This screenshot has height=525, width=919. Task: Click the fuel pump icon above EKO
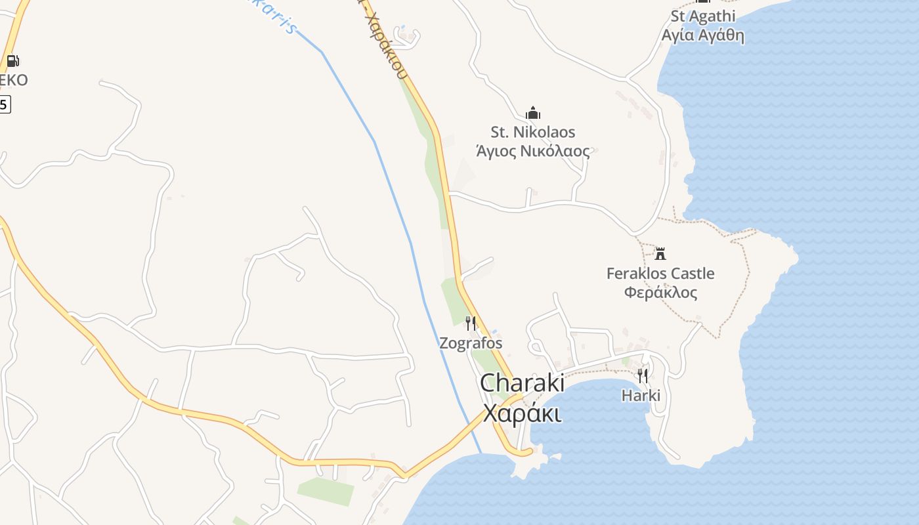tap(12, 61)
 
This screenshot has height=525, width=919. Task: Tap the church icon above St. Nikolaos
tap(533, 113)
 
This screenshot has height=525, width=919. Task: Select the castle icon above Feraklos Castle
tap(660, 253)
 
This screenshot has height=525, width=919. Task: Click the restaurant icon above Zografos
tap(471, 323)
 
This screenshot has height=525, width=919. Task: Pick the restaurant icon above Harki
tap(642, 375)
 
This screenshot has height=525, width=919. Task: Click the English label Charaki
tap(522, 383)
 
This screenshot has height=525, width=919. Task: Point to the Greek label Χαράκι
tap(522, 413)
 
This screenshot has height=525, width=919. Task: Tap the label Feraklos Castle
tap(660, 274)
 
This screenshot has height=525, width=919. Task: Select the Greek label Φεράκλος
tap(660, 293)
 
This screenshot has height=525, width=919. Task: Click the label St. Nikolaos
tap(533, 133)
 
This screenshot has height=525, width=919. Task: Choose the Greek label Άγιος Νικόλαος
tap(533, 151)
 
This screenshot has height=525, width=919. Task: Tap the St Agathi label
tap(703, 16)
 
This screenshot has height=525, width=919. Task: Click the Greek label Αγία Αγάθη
tap(703, 35)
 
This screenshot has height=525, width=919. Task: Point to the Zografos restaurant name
tap(471, 343)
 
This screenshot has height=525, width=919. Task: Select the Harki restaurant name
tap(641, 396)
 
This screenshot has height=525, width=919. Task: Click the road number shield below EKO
tap(4, 104)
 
